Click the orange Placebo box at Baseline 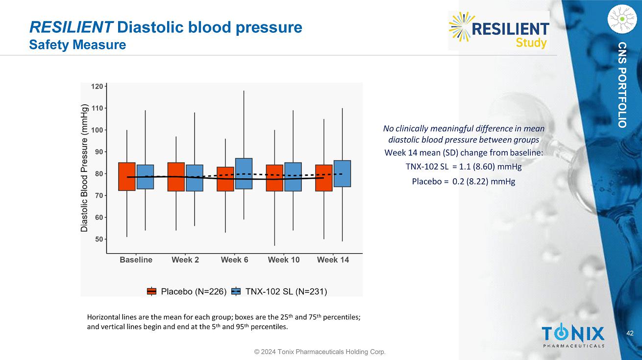click(x=127, y=176)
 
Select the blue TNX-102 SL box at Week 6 click(x=244, y=173)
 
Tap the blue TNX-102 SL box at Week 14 click(x=342, y=173)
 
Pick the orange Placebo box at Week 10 click(x=274, y=178)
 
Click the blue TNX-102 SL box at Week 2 click(x=195, y=178)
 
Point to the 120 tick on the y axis click(x=98, y=86)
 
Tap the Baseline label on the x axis click(x=136, y=260)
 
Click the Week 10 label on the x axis click(x=284, y=260)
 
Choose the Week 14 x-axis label click(x=333, y=260)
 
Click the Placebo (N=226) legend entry click(x=186, y=291)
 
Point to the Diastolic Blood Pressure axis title click(x=85, y=168)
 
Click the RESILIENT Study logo click(x=499, y=30)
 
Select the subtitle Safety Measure click(x=77, y=45)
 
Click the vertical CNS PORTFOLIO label click(x=622, y=85)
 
